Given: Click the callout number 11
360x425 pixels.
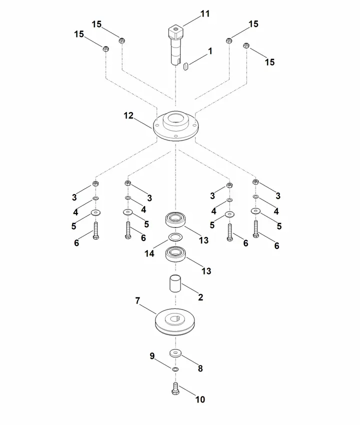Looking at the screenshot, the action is [205, 13].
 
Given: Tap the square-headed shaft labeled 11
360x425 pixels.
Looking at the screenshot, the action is [175, 44].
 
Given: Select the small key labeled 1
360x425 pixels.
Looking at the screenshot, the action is [185, 66].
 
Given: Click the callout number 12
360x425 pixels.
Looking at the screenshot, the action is [128, 115].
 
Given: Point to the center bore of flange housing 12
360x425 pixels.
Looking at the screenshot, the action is [175, 118].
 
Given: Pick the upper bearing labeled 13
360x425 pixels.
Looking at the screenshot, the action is [175, 219].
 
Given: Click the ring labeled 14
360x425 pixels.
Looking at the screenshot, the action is [175, 237].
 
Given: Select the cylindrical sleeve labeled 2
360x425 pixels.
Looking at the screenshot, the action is [175, 283].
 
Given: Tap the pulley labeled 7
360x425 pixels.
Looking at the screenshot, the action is [175, 321].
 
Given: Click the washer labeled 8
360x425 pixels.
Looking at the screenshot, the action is [175, 353].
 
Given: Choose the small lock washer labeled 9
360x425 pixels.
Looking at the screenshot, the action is [175, 369].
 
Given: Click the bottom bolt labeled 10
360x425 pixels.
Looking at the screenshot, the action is [175, 388].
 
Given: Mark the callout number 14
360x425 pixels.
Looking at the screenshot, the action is [149, 253].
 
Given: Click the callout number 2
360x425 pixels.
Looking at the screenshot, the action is [200, 297].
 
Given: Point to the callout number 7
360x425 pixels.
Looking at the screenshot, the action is [137, 300].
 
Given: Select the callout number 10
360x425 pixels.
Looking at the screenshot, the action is [200, 399].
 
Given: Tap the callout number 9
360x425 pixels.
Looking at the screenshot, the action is [152, 356].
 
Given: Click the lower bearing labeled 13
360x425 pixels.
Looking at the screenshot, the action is [175, 254].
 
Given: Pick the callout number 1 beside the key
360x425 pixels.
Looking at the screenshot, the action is [210, 51].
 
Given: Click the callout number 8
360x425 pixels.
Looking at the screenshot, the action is [200, 368].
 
